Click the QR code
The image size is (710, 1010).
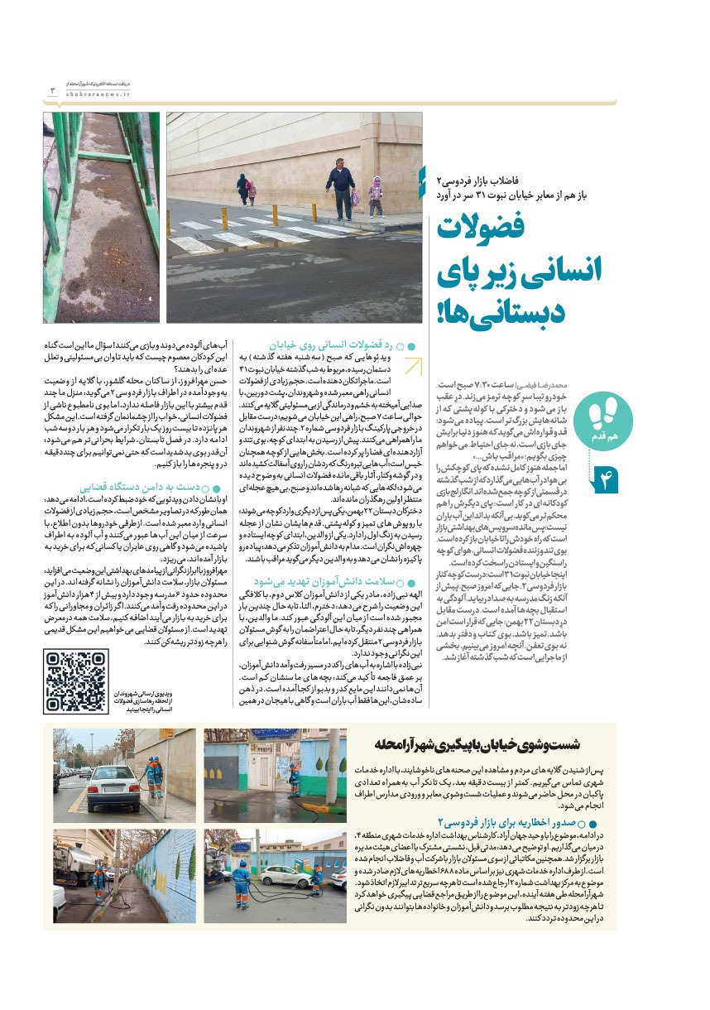point(75,681)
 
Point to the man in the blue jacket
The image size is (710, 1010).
point(339,189)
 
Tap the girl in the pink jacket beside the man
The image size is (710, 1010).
point(376,194)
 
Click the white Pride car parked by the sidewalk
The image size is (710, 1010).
point(113,782)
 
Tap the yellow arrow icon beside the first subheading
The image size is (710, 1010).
point(413,365)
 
